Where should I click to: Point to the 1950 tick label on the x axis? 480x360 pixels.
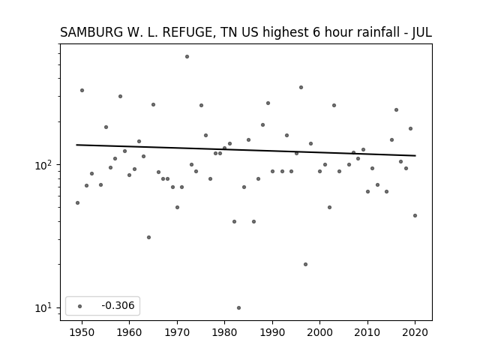82,332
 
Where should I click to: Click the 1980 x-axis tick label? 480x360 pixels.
224,332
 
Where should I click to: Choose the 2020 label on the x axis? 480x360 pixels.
415,332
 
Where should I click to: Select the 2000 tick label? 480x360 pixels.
319,332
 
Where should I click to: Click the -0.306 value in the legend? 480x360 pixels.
118,305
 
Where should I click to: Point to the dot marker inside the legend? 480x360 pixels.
80,306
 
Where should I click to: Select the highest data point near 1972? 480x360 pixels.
187,57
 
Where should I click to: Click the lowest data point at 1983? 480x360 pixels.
238,307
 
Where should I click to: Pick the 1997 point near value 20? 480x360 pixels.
305,264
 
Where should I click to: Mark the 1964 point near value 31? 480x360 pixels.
148,237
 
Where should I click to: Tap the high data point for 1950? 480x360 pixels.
82,90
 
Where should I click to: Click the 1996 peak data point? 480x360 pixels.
301,87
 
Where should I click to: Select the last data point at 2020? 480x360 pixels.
415,215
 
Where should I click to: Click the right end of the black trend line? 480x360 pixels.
415,156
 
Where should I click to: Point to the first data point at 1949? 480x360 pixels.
77,202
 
